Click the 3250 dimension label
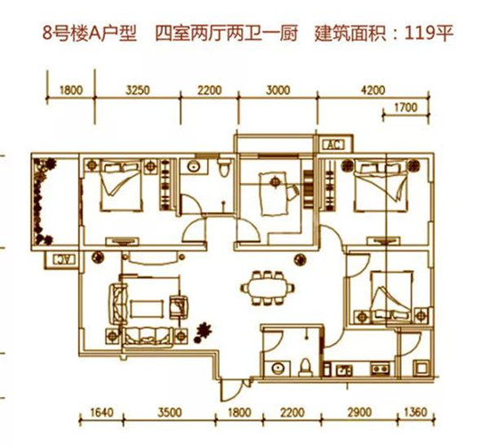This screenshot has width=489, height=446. pos(138,91)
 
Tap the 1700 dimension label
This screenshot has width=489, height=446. pos(405,108)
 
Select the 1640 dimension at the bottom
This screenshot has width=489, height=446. pos(101,412)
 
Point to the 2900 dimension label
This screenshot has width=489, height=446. pos(359,412)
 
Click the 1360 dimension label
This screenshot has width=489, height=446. pos(415,412)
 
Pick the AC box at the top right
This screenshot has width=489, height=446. pos(333,145)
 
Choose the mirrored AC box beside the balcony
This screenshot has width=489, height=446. pos(64,259)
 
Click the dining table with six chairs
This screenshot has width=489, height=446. pos(268,288)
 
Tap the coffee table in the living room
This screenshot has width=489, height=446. pos(147,309)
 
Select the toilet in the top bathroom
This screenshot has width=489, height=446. pos(224,167)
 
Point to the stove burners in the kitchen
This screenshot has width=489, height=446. pos(381,369)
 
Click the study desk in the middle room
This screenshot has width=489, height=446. pos(274,194)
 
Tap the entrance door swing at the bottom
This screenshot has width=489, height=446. pos(231,390)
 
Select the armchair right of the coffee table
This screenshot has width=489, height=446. pos(179,307)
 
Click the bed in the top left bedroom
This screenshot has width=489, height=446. pos(121,186)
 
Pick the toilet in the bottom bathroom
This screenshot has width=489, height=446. pos(306,368)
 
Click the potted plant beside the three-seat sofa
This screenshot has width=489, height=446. pos(202,333)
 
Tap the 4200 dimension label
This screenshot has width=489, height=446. pos(373,91)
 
